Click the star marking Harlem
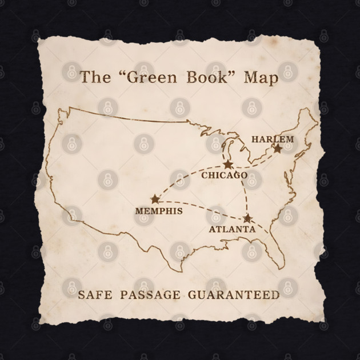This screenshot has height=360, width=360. [277, 149]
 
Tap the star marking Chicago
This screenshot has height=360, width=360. [228, 165]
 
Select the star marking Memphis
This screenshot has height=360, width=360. [155, 199]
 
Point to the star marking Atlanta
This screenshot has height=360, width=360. [247, 218]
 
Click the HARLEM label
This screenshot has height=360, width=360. [273, 139]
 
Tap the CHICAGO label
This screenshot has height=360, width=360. [225, 175]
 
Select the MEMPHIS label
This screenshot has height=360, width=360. [159, 211]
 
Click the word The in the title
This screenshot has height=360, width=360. [91, 77]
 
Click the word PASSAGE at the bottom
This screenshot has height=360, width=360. [151, 295]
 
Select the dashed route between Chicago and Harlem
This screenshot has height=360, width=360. [254, 163]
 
